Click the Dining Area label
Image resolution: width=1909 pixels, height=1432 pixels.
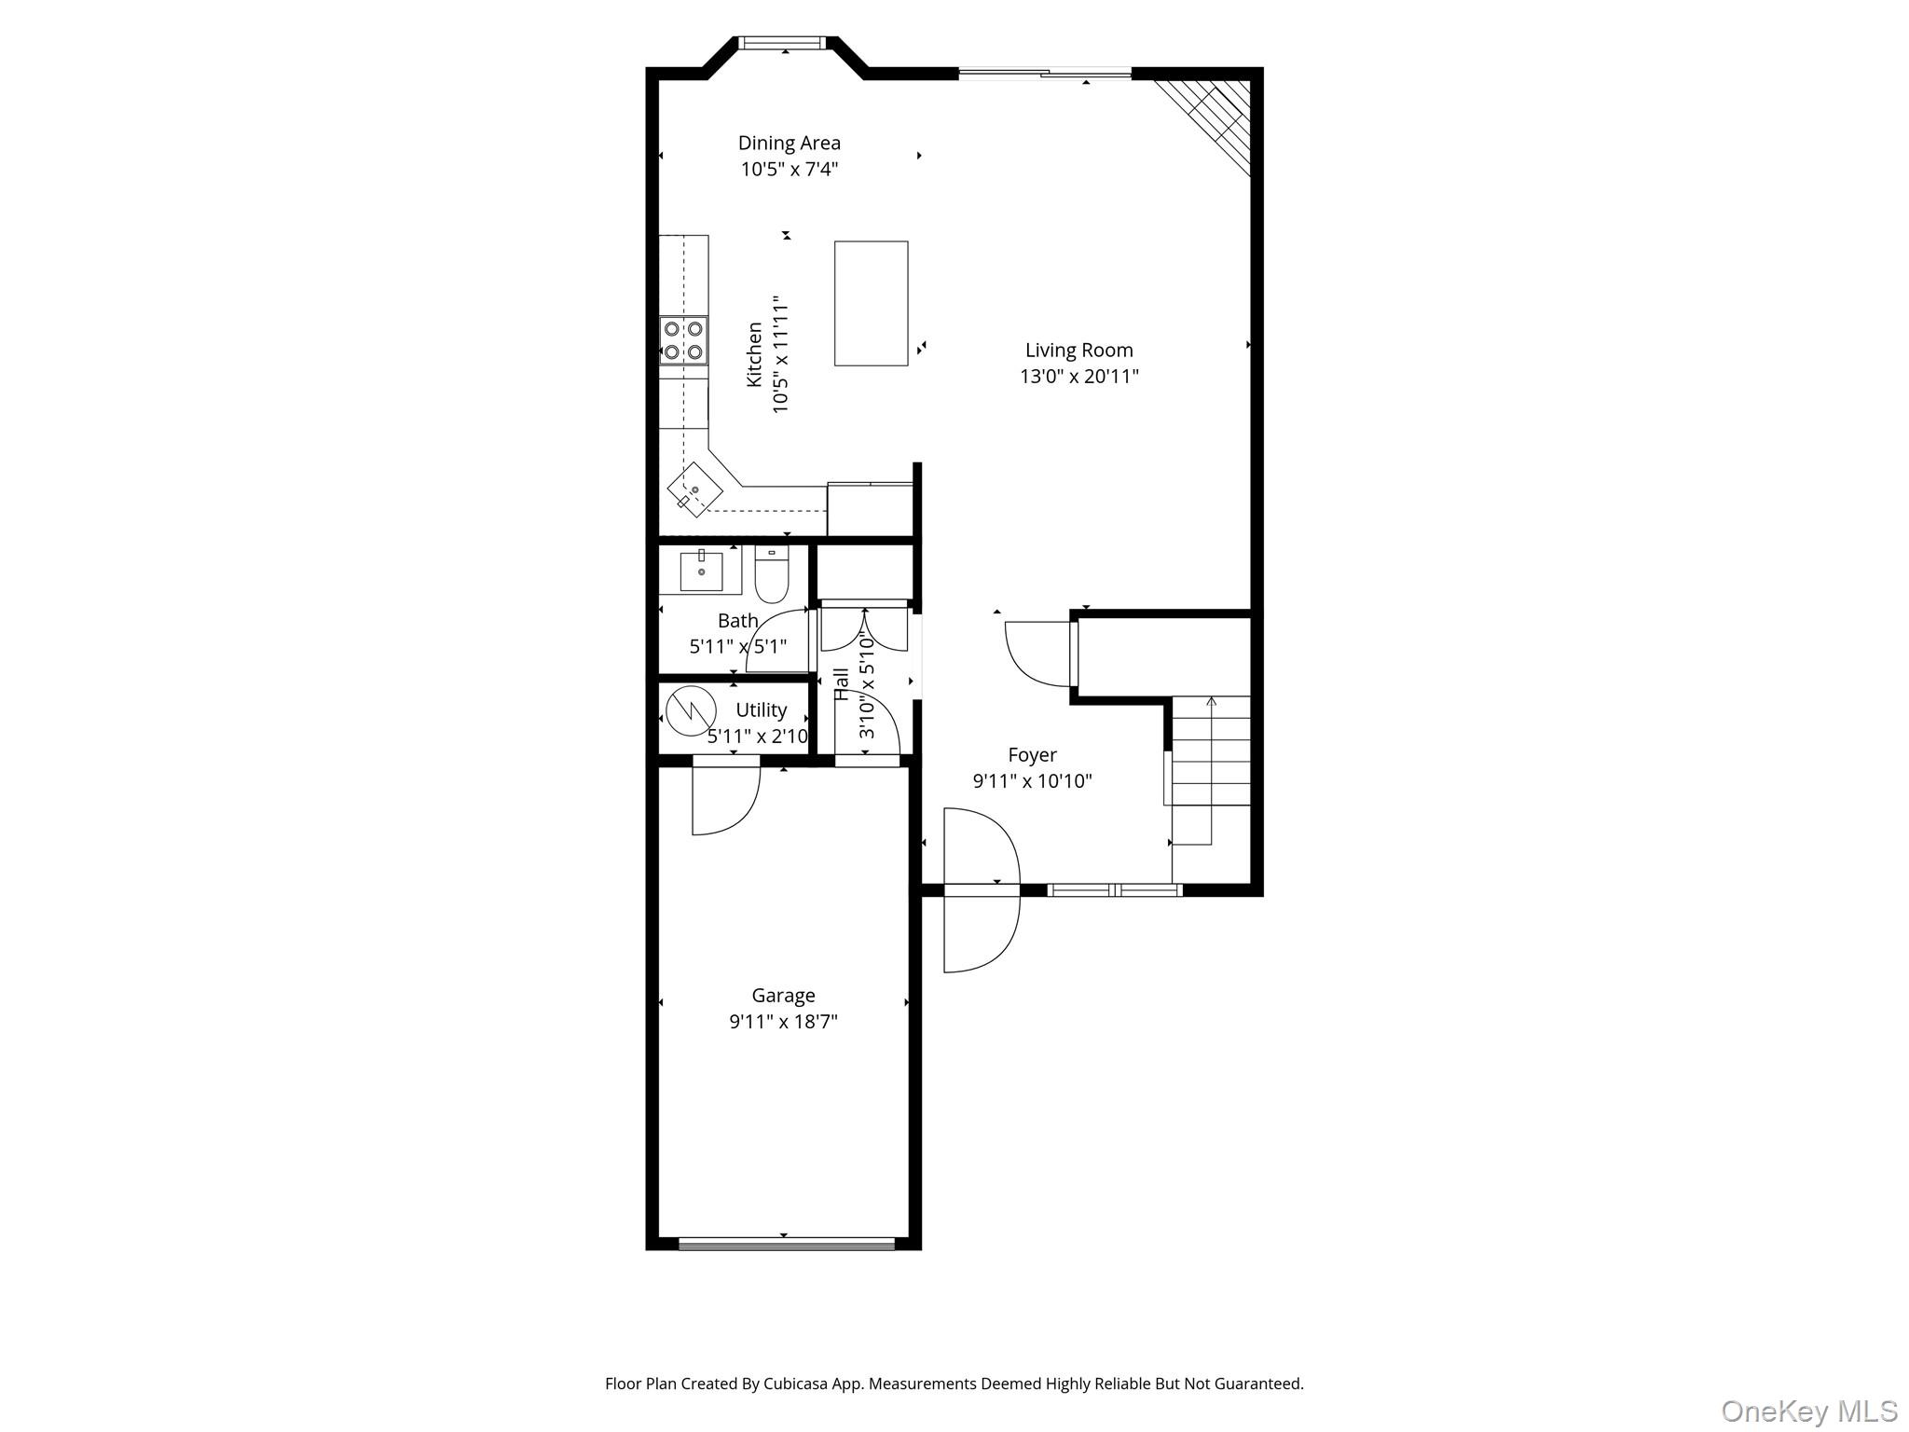tap(789, 143)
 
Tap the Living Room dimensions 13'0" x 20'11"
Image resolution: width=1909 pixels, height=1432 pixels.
tap(1078, 377)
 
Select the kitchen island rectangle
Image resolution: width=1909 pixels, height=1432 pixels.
tap(871, 303)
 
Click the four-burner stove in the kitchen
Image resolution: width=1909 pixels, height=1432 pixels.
tap(683, 340)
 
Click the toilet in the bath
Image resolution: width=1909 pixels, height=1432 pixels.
tap(771, 575)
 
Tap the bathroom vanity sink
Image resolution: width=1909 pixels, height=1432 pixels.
tap(701, 571)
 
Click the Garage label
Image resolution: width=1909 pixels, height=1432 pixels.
tap(783, 996)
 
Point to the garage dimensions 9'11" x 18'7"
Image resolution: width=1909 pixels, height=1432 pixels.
tap(783, 1022)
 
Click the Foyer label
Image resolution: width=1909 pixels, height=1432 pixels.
tap(1032, 755)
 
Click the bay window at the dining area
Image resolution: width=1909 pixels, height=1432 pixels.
tap(782, 43)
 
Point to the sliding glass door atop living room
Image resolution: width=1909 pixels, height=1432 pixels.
tap(1045, 72)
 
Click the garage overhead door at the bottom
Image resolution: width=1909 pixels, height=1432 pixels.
tap(786, 1243)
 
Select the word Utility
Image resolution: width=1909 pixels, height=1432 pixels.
tap(761, 710)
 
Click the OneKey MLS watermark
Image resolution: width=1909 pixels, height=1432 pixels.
tap(1808, 1411)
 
